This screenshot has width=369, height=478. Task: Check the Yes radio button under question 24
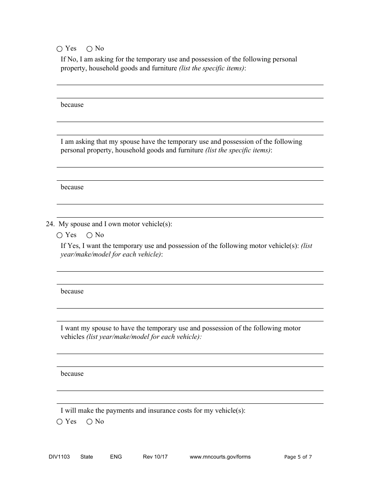59,235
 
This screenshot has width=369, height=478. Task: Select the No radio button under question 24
89,235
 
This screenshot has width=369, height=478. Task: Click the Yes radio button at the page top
59,49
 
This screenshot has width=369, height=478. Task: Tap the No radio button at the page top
89,49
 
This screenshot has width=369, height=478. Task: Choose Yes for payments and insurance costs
59,422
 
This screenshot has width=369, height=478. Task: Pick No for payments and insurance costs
89,422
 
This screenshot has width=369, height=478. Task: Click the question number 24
50,224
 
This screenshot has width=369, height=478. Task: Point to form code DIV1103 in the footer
56,457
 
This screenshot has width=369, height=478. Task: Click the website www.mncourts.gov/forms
220,457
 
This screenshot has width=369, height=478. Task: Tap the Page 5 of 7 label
298,457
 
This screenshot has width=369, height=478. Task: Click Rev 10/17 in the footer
155,457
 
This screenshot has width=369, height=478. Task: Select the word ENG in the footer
116,457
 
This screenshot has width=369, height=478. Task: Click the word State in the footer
87,457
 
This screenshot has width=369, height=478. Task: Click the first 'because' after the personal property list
72,105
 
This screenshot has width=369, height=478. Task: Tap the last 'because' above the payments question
72,374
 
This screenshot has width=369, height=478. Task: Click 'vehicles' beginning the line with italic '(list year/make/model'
72,337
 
